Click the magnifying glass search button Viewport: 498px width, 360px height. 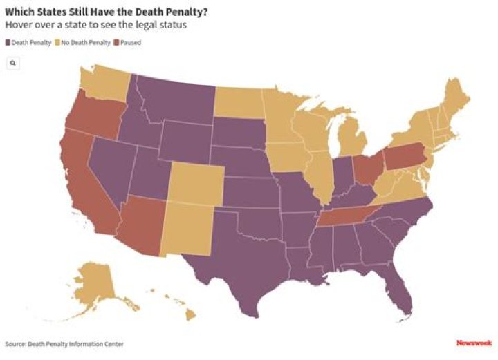13,63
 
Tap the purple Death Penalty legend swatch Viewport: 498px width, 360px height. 8,42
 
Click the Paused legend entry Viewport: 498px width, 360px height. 127,42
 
